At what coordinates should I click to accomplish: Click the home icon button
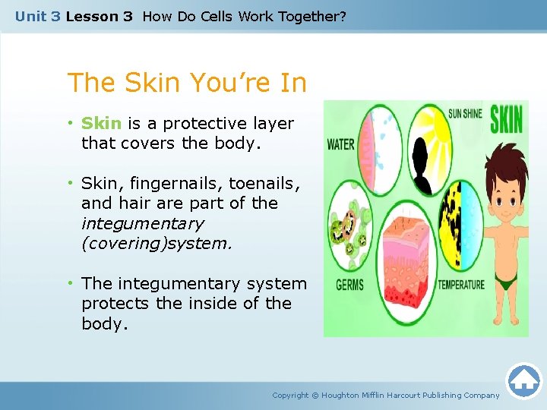pos(523,381)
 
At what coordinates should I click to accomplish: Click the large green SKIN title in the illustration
pos(505,120)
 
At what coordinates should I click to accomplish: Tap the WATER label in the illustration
pos(341,144)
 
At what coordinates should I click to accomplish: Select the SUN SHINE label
pos(466,114)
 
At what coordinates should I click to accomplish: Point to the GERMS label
pos(349,285)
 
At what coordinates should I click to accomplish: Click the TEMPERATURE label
pos(460,285)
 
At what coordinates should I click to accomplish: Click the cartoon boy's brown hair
pos(502,163)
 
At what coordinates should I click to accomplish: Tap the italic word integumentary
pos(142,224)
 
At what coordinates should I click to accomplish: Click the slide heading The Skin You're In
pos(187,82)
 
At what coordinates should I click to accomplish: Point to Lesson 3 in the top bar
pos(99,16)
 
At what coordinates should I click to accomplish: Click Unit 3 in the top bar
pos(37,16)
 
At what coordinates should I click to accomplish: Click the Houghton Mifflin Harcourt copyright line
pos(386,395)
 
